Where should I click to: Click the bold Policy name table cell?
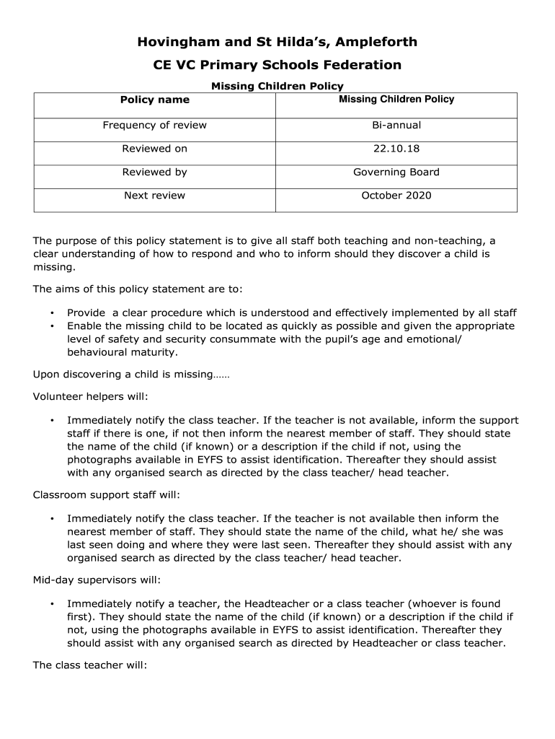(154, 100)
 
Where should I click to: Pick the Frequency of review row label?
(154, 126)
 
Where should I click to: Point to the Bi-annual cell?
(396, 126)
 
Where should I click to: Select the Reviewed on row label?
(154, 149)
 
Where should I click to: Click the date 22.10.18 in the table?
(396, 149)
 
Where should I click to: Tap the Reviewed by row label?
(154, 172)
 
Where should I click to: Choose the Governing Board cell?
(396, 172)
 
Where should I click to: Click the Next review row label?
(154, 196)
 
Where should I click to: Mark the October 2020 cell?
(396, 196)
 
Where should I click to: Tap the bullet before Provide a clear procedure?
(52, 313)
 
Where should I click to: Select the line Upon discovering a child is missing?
(131, 375)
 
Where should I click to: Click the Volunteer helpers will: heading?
(90, 396)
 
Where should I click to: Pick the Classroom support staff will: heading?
(107, 495)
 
